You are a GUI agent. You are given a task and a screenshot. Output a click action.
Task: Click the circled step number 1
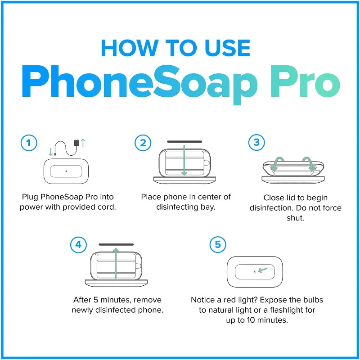(29, 144)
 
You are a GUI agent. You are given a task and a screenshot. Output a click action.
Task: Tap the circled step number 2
(143, 144)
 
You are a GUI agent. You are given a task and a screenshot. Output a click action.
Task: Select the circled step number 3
(256, 143)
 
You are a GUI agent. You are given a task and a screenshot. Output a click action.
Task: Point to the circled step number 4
(78, 245)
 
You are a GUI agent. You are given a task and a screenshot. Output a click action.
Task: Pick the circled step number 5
(218, 245)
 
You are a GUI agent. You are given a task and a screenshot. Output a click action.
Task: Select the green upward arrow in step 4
(116, 263)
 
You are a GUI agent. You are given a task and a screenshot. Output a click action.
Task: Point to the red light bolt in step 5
(255, 272)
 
